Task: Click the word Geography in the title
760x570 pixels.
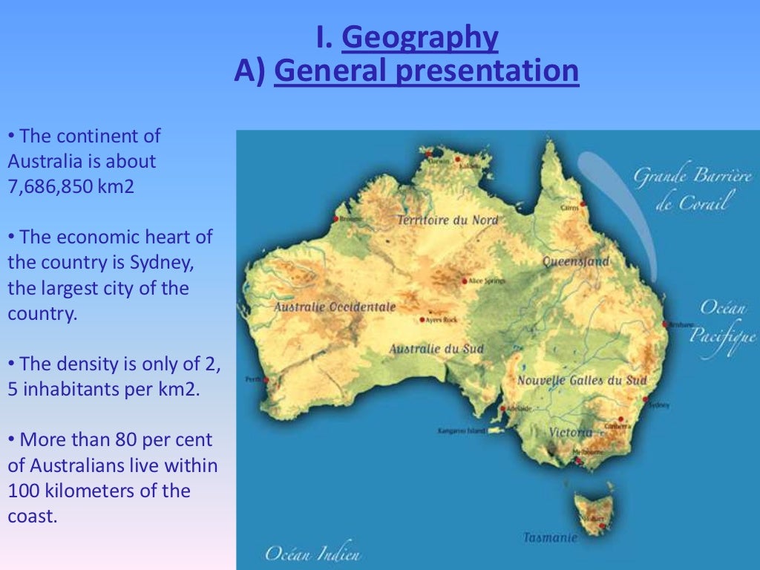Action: coord(419,37)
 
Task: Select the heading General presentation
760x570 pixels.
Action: coord(426,71)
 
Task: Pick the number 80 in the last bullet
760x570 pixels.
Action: coord(124,440)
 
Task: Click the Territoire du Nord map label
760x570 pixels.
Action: coord(448,220)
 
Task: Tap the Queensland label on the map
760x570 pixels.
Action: coord(576,261)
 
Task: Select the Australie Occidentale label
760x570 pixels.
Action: coord(335,307)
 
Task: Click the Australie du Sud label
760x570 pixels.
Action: coord(436,349)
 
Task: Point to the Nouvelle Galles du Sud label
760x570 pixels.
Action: coord(582,381)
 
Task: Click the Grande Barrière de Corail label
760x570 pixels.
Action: coord(692,189)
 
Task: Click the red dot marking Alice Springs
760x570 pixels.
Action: coord(465,281)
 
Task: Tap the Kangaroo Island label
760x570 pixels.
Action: coord(460,430)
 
